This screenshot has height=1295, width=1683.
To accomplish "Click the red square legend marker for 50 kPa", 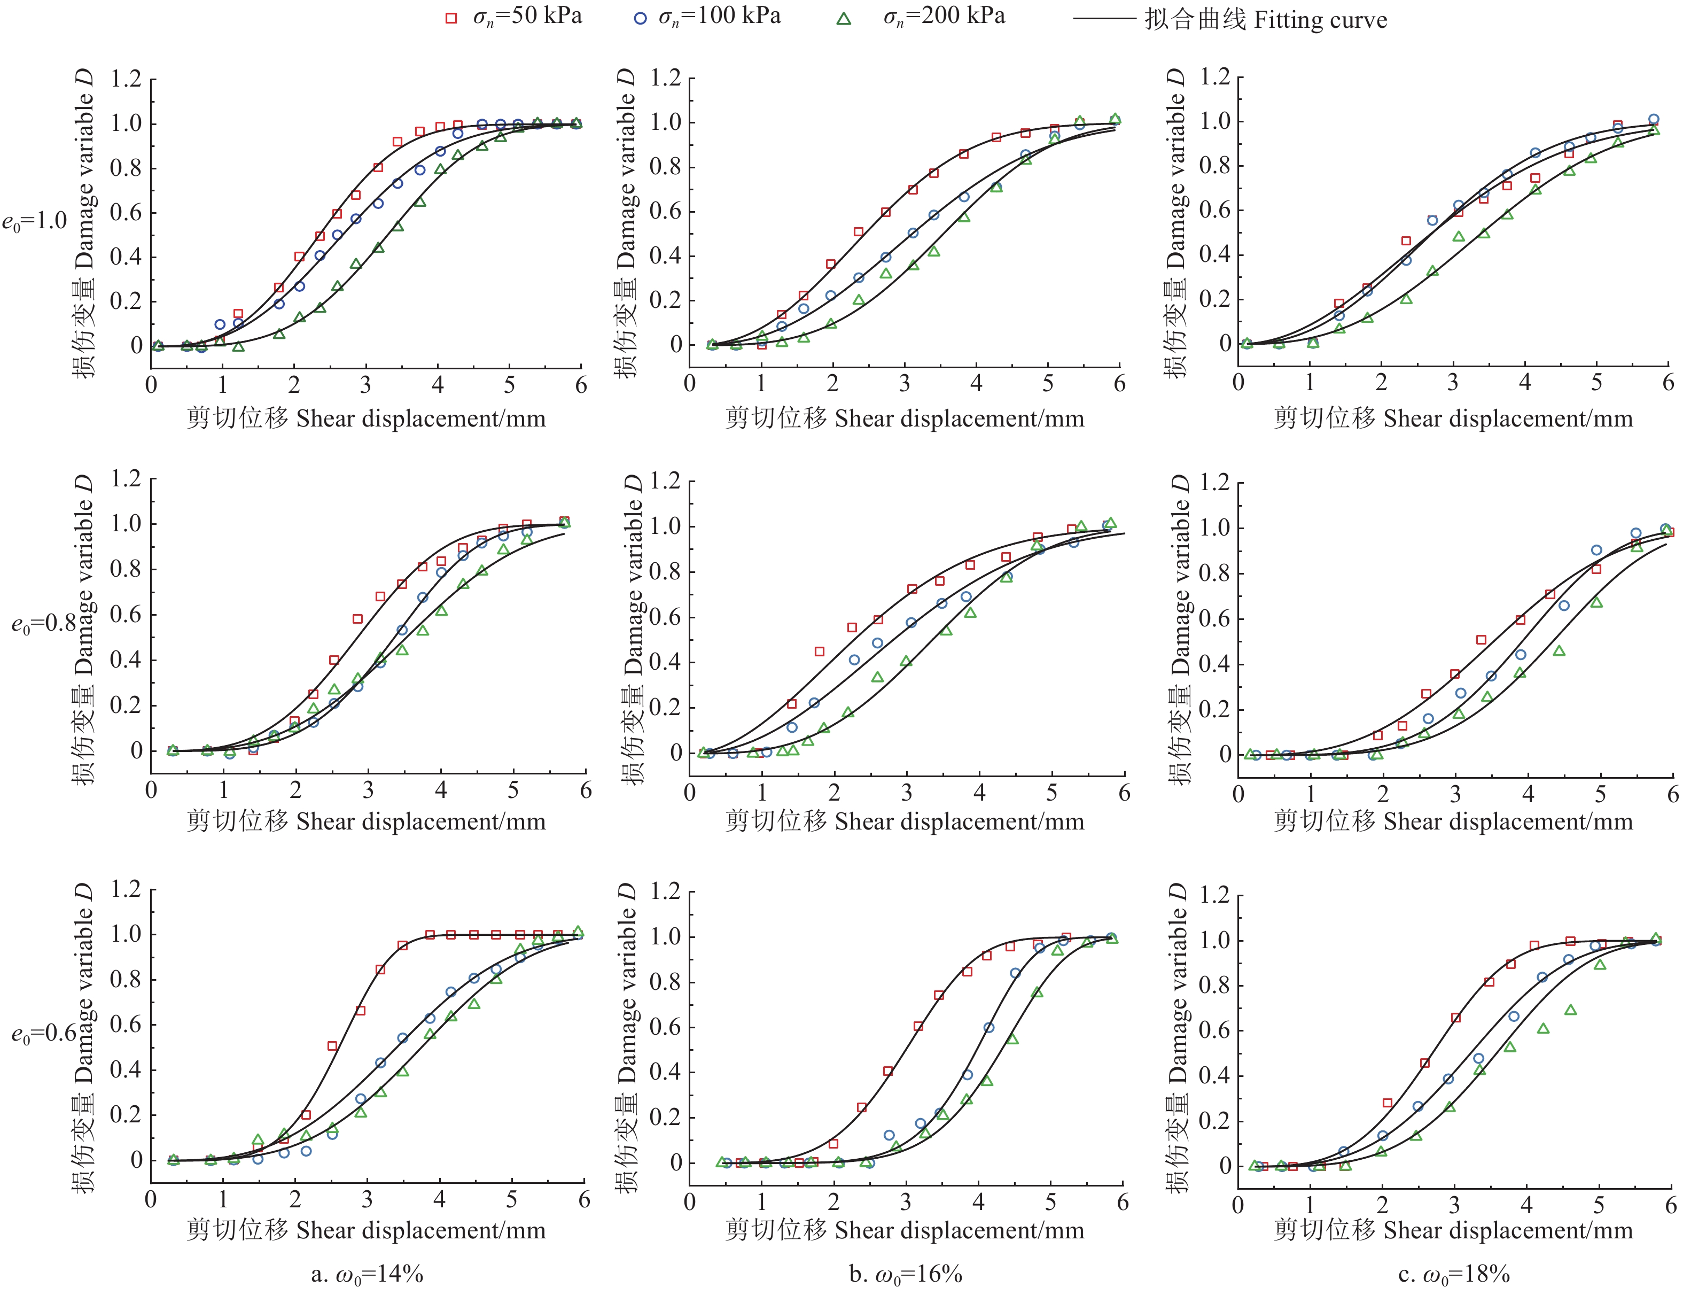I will click(451, 19).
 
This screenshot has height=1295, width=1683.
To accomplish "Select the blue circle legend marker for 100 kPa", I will click(640, 19).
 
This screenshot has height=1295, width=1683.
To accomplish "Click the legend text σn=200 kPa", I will click(944, 17).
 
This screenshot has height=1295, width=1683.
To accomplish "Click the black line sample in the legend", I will click(1104, 19).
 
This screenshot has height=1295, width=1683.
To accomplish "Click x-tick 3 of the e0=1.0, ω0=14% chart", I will click(365, 385).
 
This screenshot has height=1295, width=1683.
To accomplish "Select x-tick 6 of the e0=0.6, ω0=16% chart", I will click(1122, 1203).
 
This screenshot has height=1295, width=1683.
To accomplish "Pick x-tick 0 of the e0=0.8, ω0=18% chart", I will click(1238, 795).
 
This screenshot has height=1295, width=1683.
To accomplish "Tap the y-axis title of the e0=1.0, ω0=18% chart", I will click(1176, 223).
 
